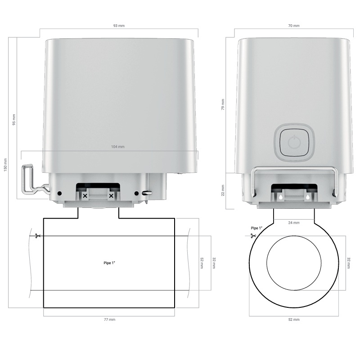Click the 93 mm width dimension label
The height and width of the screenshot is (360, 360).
pos(119,26)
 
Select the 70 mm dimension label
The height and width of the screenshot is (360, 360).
pos(294,26)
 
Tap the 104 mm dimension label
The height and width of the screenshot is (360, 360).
pos(118,147)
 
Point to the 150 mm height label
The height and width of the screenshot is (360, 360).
pos(5,165)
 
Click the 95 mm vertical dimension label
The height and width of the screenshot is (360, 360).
pos(14,120)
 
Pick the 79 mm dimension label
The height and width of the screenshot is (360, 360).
pos(223,104)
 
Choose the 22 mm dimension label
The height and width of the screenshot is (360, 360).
pos(223,190)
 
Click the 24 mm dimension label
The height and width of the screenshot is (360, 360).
pos(294,223)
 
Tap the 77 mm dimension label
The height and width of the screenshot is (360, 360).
pos(109,319)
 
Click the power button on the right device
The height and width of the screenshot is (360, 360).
pos(294,142)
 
